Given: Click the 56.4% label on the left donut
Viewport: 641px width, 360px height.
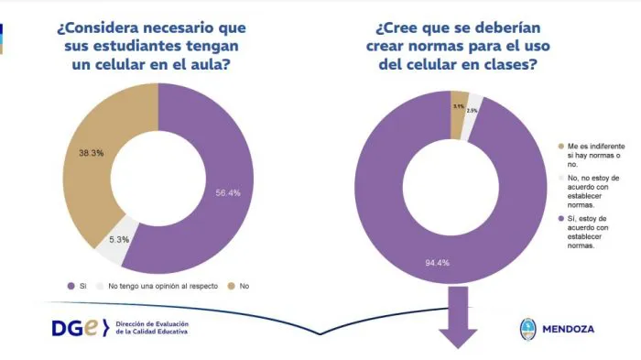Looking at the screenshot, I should [x=228, y=192].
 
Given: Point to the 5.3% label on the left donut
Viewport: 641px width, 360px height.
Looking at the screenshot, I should [x=117, y=239].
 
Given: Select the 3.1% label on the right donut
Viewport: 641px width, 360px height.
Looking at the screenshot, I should [x=458, y=106].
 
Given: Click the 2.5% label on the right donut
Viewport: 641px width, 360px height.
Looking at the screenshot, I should [x=472, y=111].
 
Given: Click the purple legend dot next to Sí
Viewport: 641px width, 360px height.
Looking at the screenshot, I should [x=71, y=287].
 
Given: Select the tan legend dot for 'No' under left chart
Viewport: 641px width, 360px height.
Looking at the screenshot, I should [x=232, y=287].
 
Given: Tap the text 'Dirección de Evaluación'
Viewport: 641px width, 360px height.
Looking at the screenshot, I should [x=156, y=324].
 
